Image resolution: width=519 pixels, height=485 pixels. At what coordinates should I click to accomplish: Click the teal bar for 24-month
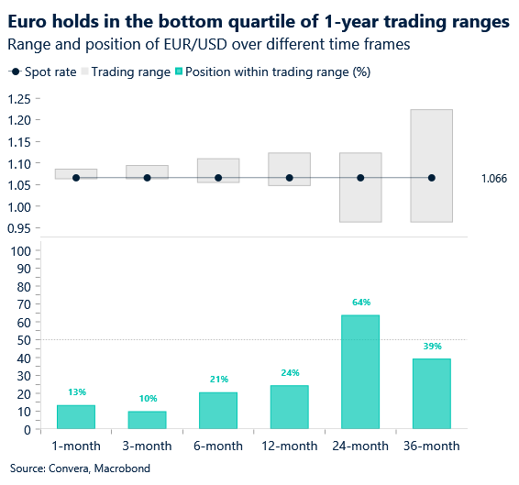[360, 372]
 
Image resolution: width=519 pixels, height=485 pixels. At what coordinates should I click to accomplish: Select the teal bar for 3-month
[147, 420]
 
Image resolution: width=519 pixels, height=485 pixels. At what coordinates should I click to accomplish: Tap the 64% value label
[360, 302]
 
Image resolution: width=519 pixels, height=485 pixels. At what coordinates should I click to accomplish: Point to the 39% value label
[432, 346]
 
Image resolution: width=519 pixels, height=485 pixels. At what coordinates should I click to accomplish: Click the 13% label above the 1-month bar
[76, 392]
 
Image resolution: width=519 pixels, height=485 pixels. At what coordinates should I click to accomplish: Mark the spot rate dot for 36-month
[432, 178]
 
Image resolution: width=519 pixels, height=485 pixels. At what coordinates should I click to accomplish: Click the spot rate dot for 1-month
[76, 178]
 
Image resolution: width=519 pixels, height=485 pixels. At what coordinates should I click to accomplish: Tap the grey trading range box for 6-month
[218, 166]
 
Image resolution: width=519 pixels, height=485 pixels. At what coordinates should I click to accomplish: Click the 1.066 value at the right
[493, 178]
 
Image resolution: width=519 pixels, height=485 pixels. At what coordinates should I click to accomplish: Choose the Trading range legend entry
[127, 72]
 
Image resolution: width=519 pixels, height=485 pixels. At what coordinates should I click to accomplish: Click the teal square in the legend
[179, 72]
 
